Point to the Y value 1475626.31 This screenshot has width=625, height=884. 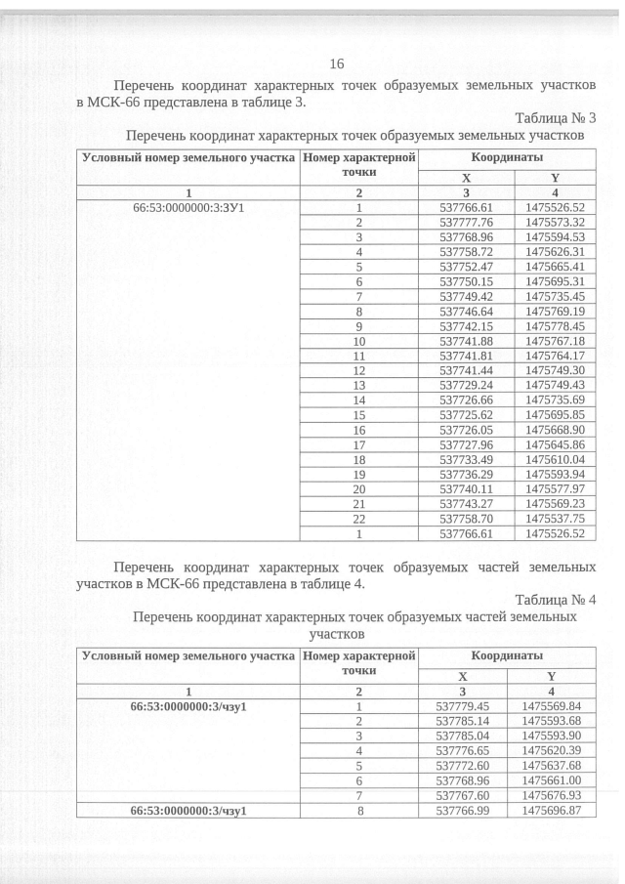[554, 251]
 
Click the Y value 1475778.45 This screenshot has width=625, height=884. [554, 325]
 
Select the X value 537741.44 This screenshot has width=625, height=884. [467, 370]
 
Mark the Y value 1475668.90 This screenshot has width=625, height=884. [554, 430]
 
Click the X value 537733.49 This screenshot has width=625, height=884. [467, 459]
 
